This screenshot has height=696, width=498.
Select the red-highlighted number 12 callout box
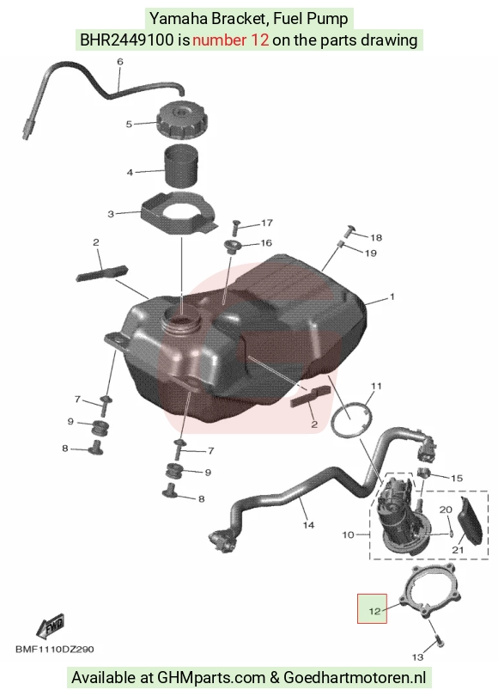click(372, 608)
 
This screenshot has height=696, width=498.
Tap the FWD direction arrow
click(50, 626)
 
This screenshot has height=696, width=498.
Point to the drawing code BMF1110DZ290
click(55, 650)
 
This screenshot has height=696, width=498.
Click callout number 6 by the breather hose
click(119, 62)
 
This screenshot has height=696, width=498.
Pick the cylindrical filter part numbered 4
click(182, 168)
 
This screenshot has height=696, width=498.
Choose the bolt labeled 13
click(439, 640)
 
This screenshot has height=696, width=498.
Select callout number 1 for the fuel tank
click(392, 296)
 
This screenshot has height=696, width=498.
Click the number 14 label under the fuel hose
click(308, 525)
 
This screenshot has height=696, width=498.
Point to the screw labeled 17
click(235, 228)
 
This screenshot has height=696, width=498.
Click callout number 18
click(376, 237)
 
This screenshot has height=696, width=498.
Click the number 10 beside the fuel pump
click(348, 534)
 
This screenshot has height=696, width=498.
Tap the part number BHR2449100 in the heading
click(127, 40)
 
